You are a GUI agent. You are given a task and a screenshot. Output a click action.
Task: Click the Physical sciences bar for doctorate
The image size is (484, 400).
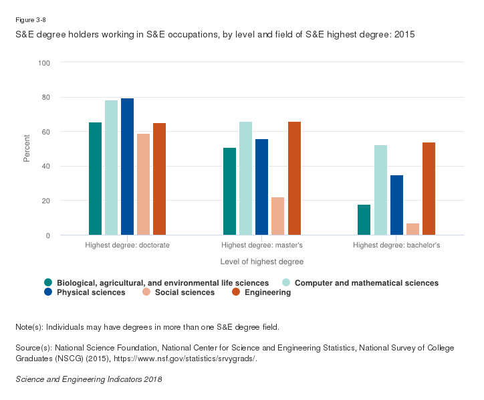127,167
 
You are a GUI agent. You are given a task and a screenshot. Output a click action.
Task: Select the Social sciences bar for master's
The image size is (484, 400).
277,216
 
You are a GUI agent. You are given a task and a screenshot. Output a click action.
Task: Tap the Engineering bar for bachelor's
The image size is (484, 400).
428,189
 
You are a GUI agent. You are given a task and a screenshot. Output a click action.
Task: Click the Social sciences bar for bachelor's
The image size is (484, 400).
412,229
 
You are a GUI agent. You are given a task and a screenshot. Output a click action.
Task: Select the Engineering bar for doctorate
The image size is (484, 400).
159,179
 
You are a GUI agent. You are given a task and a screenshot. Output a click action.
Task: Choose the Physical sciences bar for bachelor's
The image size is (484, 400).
396,205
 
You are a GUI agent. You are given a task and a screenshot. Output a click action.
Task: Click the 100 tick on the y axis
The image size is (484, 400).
44,63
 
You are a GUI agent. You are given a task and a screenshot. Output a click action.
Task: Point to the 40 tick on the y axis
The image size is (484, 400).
46,167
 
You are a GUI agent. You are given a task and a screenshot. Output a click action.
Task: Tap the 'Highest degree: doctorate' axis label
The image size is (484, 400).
127,245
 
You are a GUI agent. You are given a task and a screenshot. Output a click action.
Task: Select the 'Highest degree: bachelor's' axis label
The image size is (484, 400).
396,245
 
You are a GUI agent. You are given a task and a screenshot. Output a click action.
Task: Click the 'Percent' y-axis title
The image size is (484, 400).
27,148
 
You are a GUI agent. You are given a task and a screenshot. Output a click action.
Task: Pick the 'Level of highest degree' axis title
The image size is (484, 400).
261,261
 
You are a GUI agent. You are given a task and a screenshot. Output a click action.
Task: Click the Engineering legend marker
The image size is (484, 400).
235,292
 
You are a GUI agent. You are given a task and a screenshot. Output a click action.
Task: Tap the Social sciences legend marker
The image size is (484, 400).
145,292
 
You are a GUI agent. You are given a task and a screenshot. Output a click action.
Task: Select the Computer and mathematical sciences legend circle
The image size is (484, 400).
285,283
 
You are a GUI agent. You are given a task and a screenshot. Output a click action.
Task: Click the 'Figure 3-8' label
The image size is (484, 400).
30,20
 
